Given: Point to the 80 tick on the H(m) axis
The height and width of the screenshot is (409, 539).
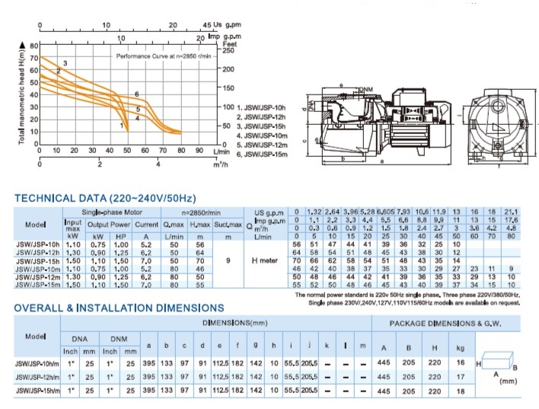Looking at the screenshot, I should [33, 46].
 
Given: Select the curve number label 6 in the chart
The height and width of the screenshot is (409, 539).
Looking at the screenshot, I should [137, 94].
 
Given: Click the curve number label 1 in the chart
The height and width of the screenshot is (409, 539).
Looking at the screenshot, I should [120, 124].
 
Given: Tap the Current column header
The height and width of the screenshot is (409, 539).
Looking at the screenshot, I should [146, 225].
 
